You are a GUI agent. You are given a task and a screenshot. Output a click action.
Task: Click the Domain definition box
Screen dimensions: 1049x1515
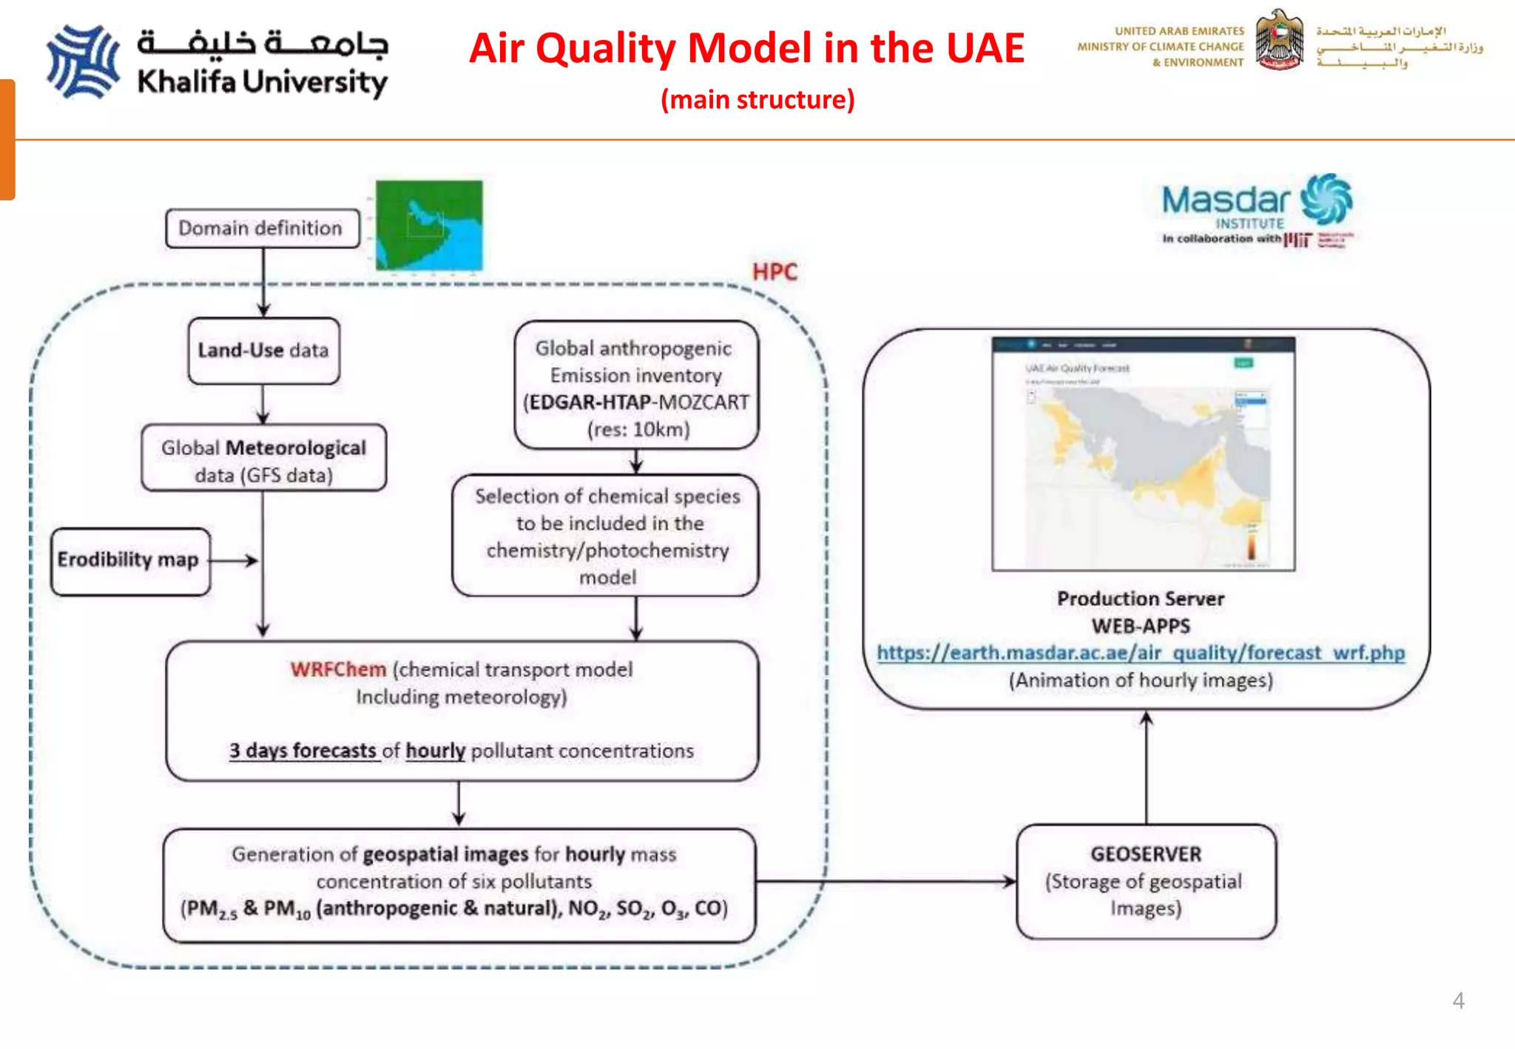tap(262, 228)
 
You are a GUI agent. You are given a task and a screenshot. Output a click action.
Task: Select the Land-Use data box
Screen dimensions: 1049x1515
tap(263, 350)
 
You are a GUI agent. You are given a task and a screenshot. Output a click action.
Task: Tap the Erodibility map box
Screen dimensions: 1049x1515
tap(130, 560)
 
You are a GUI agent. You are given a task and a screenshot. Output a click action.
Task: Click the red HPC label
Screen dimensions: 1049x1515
tap(775, 271)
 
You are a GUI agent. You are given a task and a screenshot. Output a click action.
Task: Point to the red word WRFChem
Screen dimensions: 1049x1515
tap(338, 669)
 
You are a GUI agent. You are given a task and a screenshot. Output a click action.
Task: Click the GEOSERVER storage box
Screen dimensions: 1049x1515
tap(1145, 881)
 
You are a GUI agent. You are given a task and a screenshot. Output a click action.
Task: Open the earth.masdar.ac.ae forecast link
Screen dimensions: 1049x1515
tap(1140, 652)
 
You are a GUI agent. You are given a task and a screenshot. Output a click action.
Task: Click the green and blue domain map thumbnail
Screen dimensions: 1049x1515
tap(429, 225)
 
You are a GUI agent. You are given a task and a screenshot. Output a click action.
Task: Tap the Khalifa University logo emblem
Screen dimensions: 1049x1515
tap(83, 61)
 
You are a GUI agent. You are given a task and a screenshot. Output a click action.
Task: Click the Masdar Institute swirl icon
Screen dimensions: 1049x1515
tap(1327, 199)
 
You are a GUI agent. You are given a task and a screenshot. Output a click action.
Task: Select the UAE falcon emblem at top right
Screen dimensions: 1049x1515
tap(1279, 41)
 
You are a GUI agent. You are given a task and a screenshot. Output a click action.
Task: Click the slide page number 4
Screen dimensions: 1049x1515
tap(1458, 1000)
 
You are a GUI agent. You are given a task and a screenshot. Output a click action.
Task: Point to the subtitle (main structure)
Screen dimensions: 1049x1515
tap(757, 99)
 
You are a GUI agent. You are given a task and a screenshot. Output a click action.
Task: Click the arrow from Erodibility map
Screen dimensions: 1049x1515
tap(234, 561)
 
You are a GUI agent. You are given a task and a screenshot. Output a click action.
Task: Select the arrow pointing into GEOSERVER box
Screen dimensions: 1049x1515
tap(888, 881)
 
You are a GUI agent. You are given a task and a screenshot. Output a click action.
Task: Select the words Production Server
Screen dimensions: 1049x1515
tap(1140, 598)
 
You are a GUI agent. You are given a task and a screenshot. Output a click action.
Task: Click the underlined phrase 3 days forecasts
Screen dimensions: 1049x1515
tap(303, 751)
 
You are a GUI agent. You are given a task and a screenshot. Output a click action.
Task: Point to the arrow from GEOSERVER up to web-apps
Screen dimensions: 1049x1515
tap(1146, 769)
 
